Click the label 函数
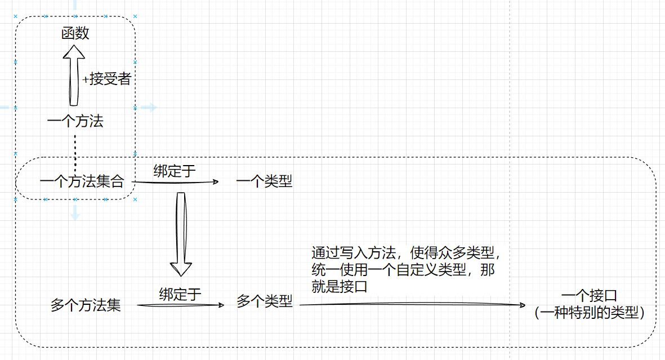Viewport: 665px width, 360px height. (x=75, y=33)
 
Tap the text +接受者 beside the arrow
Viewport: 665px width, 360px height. (x=106, y=79)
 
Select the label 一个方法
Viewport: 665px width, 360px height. (x=75, y=121)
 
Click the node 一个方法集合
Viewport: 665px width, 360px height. (x=82, y=181)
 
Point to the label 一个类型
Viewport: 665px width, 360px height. (x=264, y=181)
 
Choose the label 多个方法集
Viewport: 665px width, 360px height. (x=86, y=305)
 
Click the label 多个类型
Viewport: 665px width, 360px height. (x=264, y=301)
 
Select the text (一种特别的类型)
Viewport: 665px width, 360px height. (x=589, y=313)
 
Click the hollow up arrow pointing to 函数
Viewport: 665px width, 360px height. (x=73, y=76)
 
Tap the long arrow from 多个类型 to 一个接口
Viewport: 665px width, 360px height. (x=411, y=305)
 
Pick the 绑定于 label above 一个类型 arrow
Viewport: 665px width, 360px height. (x=175, y=171)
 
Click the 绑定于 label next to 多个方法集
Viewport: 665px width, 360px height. (x=180, y=294)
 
